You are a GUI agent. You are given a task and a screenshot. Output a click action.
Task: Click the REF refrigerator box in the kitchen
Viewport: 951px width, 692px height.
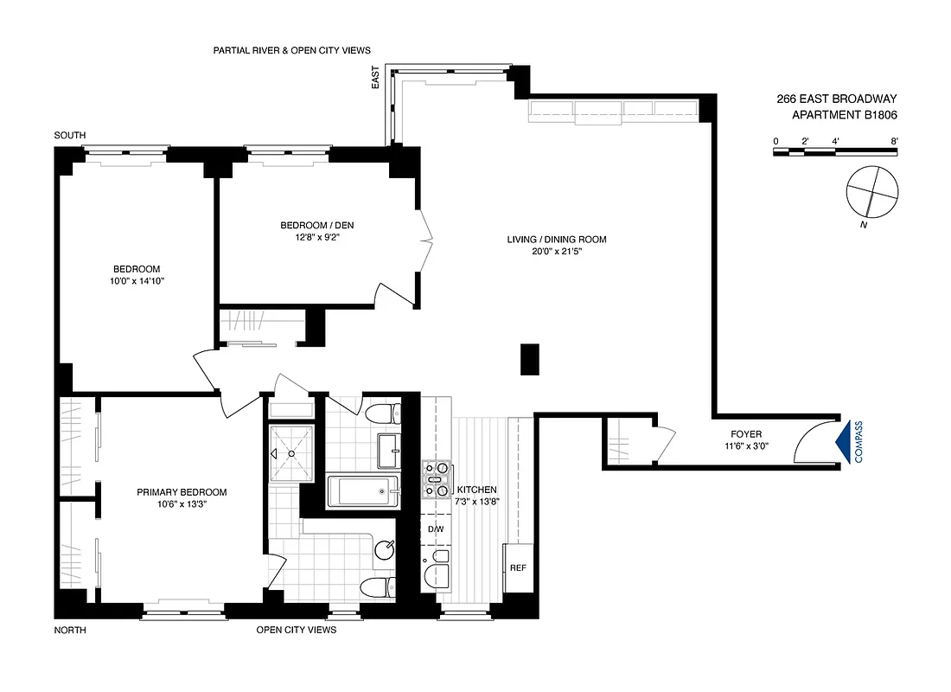(519, 569)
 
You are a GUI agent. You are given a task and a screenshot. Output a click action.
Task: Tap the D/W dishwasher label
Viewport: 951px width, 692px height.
(435, 529)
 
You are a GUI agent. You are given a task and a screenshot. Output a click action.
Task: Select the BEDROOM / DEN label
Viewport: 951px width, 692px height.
(316, 226)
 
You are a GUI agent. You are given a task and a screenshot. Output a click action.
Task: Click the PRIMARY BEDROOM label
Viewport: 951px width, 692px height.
(182, 492)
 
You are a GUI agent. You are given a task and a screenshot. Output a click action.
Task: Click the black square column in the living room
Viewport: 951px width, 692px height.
(530, 359)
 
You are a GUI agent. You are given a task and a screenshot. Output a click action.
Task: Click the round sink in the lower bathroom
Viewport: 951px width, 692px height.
(385, 548)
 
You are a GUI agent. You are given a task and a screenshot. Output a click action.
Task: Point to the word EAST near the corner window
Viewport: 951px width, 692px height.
(375, 80)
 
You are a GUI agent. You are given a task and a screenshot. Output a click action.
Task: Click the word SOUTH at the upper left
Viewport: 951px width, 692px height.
(70, 137)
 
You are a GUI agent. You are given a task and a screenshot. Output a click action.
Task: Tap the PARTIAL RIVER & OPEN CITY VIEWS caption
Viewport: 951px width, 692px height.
(291, 51)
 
